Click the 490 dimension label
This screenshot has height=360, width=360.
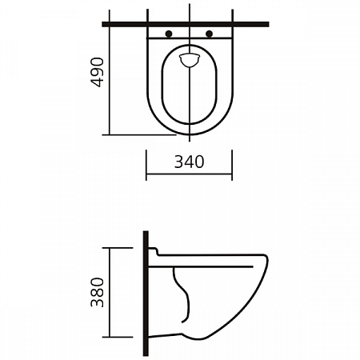pyautogui.click(x=97, y=73)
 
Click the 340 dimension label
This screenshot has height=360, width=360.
pyautogui.click(x=190, y=162)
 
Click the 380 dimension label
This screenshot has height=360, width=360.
pyautogui.click(x=97, y=292)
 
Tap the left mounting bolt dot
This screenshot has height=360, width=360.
pyautogui.click(x=169, y=34)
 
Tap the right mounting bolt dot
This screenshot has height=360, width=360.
pyautogui.click(x=210, y=34)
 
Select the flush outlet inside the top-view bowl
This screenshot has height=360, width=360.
pyautogui.click(x=190, y=60)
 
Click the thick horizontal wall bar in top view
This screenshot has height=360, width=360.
pyautogui.click(x=186, y=24)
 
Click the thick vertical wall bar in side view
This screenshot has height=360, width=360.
pyautogui.click(x=146, y=294)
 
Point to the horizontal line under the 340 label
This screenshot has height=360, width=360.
pyautogui.click(x=190, y=174)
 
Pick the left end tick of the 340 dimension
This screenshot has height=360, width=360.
pyautogui.click(x=146, y=165)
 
